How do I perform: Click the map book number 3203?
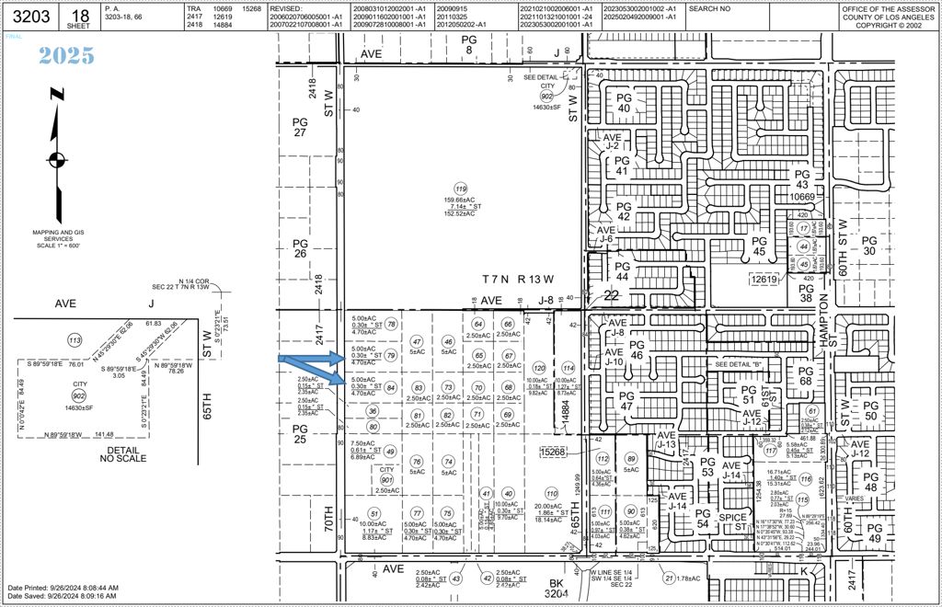(x=23, y=16)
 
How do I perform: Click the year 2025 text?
(x=66, y=55)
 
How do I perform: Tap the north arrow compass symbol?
(x=57, y=158)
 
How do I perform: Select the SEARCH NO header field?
(x=711, y=8)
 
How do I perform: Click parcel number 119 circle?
(x=461, y=189)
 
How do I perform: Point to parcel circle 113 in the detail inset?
(x=75, y=341)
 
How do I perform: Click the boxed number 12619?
(x=764, y=280)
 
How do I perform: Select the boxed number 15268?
(x=551, y=452)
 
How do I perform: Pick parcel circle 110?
(x=551, y=493)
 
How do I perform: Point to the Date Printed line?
(x=63, y=587)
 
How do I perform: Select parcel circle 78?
(x=391, y=324)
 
